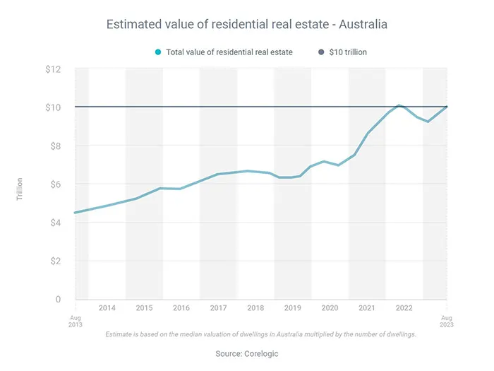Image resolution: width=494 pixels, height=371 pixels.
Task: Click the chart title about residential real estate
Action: (246, 25)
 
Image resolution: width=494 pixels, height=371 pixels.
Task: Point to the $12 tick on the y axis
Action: (54, 69)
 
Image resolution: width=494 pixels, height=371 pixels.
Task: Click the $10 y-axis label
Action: (54, 107)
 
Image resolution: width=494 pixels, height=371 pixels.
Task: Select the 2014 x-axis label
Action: (107, 308)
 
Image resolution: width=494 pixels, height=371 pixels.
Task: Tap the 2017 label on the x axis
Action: (218, 308)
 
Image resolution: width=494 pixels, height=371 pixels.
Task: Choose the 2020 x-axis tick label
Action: (330, 308)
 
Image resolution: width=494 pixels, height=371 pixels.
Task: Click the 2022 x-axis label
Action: (404, 308)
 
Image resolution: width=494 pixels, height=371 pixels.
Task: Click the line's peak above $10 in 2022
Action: (399, 105)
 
